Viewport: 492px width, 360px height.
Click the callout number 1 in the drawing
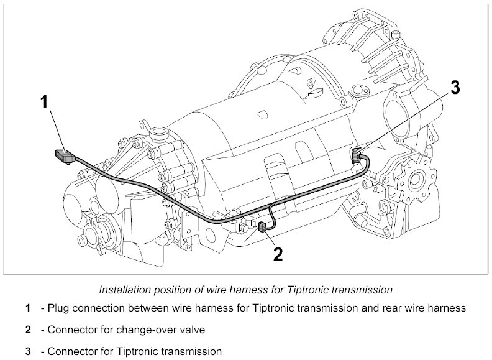point(44,102)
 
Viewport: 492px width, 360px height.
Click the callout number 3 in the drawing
point(455,88)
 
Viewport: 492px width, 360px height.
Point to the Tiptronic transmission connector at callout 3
point(357,155)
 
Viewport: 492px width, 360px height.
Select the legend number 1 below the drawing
point(27,308)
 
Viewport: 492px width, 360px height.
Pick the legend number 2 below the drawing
point(27,330)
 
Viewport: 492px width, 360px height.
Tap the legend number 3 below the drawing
point(27,352)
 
